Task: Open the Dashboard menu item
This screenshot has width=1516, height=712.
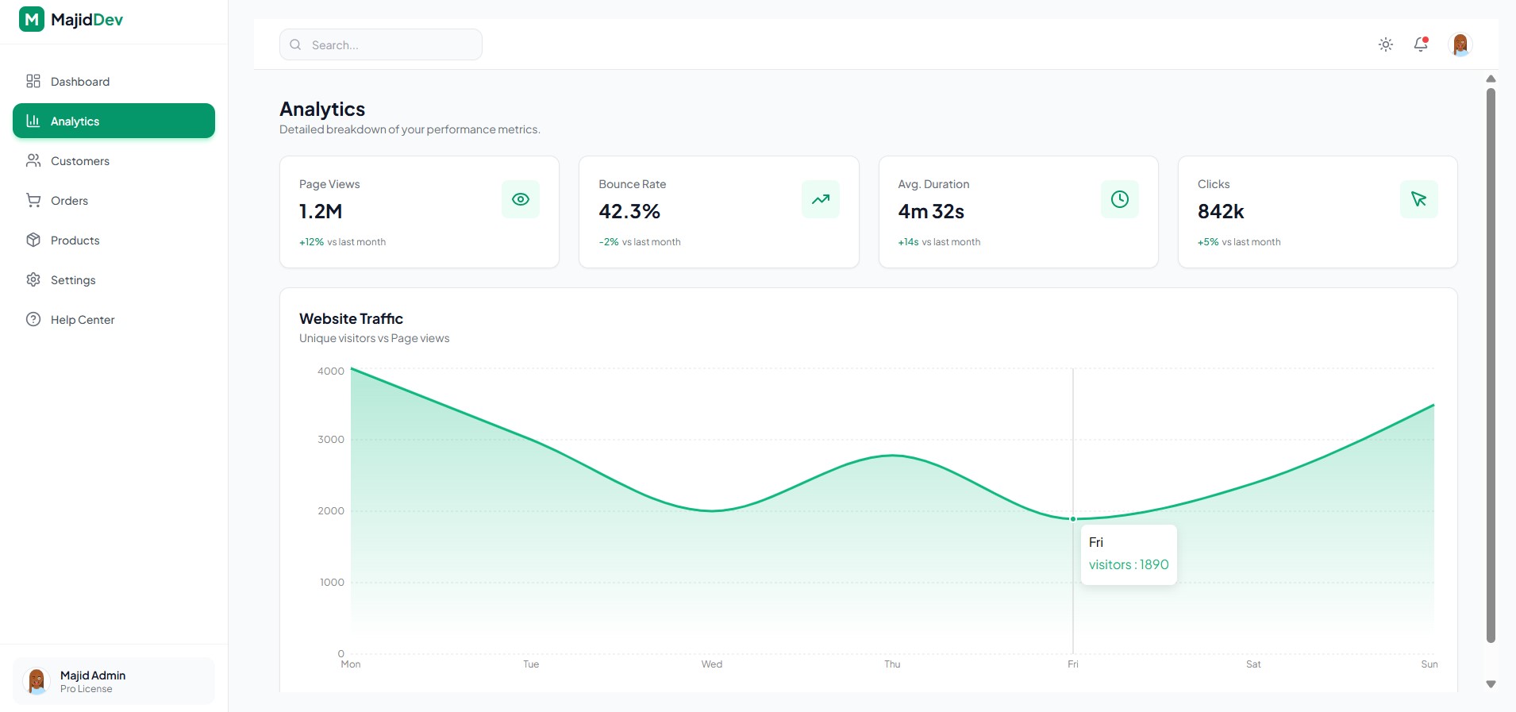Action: point(79,82)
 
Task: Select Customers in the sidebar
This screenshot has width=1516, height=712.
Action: point(79,161)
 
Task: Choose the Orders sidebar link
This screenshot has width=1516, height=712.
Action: point(69,201)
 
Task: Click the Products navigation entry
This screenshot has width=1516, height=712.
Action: point(75,241)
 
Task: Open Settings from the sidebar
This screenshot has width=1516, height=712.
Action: point(72,280)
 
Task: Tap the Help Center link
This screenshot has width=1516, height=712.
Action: point(82,320)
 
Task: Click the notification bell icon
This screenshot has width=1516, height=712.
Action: point(1421,44)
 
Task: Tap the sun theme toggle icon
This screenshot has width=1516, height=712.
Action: point(1386,44)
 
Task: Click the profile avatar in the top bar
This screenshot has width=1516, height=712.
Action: point(1460,44)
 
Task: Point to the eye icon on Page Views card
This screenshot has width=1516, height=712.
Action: point(521,199)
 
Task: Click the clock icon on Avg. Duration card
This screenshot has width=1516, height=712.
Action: point(1120,199)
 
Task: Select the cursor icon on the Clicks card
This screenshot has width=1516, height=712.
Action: point(1419,199)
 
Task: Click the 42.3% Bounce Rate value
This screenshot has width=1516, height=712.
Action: point(629,212)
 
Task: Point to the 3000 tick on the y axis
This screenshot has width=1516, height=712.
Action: point(331,440)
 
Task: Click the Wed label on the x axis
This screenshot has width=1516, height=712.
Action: point(712,664)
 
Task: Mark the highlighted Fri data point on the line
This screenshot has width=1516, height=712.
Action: point(1073,519)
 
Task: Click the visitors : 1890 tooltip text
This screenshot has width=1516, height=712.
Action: point(1129,565)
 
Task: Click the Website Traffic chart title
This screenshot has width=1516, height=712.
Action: point(351,319)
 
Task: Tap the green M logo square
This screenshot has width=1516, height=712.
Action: point(32,19)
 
